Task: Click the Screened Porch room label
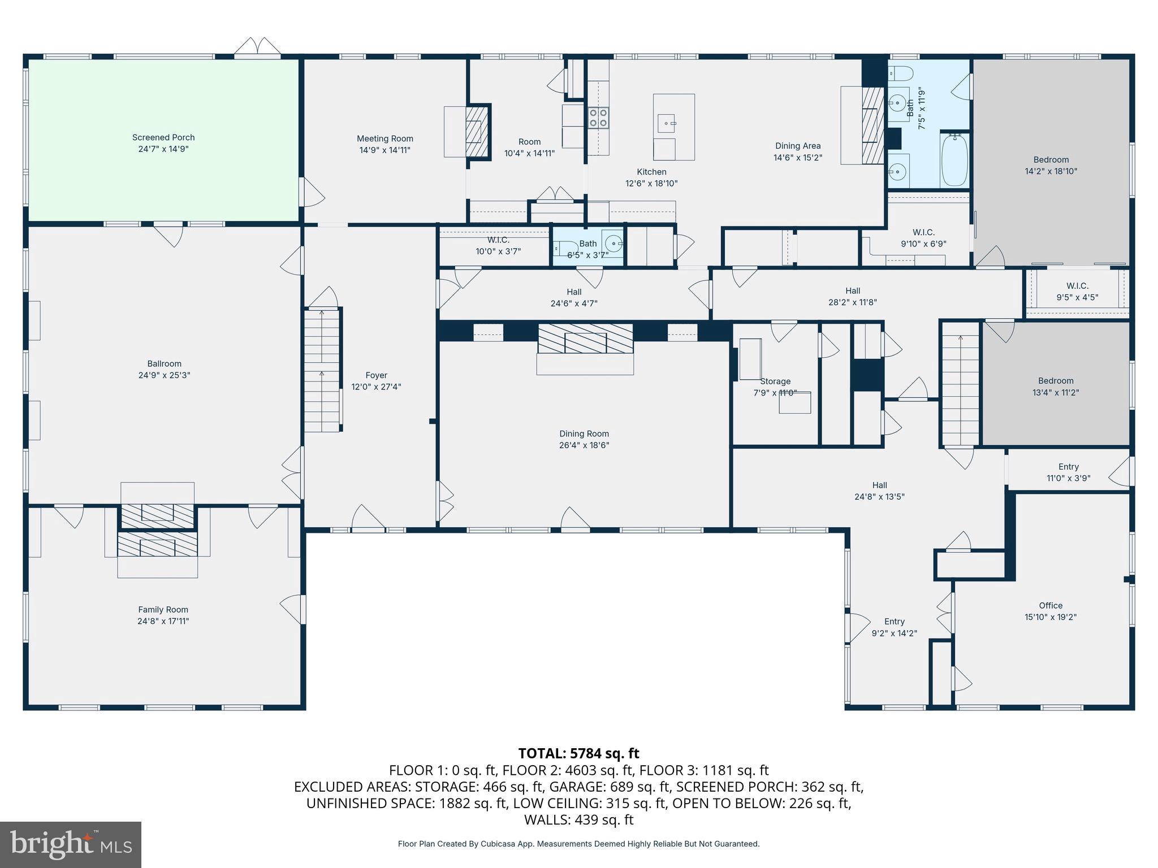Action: click(163, 137)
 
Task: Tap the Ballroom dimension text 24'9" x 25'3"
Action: click(164, 375)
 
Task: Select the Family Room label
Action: click(163, 610)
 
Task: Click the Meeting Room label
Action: click(385, 138)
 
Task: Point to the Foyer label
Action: click(377, 375)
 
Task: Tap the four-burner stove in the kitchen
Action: click(598, 118)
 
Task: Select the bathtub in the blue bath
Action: click(954, 159)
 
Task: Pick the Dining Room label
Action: click(584, 434)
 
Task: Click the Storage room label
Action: click(775, 381)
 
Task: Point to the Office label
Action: click(1051, 606)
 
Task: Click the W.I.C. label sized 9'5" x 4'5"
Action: click(1077, 287)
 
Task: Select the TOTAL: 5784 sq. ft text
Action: click(578, 753)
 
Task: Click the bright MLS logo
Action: click(71, 845)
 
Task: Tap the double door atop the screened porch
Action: click(257, 47)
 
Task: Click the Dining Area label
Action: click(798, 146)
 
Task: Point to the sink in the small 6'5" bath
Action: click(613, 244)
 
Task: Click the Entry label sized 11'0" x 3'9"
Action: click(1069, 467)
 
